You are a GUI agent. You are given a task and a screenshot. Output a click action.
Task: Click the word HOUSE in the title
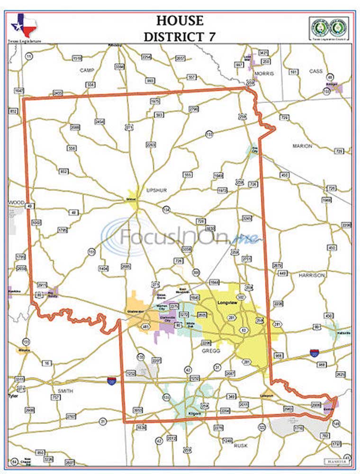click(x=180, y=21)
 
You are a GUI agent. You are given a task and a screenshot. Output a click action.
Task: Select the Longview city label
click(x=226, y=302)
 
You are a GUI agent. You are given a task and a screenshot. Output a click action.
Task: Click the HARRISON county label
click(x=311, y=275)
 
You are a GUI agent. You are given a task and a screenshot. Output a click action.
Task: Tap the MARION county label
click(x=302, y=146)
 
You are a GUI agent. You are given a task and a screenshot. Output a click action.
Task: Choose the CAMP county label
click(x=88, y=70)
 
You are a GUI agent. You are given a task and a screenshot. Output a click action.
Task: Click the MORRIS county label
click(x=264, y=74)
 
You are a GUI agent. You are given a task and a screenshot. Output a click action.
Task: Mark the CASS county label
click(x=315, y=71)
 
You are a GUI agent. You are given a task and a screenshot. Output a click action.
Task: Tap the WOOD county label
click(x=16, y=202)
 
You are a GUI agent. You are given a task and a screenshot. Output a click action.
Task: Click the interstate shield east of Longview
click(x=314, y=352)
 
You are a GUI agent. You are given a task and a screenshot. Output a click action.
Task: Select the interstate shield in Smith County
click(x=112, y=381)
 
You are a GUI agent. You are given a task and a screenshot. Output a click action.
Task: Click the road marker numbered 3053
click(x=138, y=410)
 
